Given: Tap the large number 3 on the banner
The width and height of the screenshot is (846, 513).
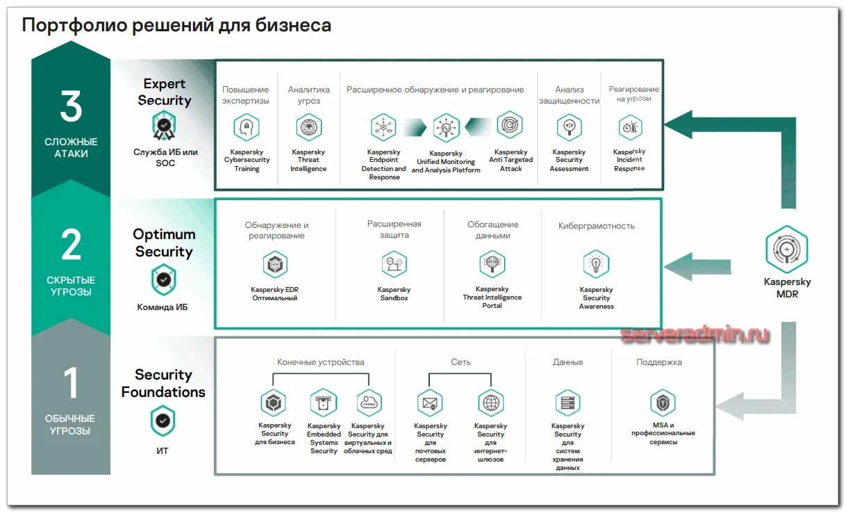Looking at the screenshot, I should click(x=71, y=108).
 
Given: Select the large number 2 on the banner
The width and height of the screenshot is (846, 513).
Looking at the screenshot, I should click(x=71, y=245).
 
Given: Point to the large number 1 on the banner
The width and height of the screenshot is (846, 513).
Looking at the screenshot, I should click(x=71, y=384).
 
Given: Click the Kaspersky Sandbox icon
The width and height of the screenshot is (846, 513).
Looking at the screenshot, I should click(x=394, y=264).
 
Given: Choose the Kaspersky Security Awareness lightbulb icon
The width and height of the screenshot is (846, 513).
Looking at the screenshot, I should click(x=596, y=264).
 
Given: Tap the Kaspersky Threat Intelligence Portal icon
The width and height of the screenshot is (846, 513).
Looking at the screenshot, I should click(x=492, y=264).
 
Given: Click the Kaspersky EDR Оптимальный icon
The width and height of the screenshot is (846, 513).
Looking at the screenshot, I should click(x=274, y=264).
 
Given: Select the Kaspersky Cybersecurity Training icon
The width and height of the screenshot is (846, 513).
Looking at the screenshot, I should click(x=246, y=127).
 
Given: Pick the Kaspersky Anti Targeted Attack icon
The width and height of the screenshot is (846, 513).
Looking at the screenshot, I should click(x=510, y=125).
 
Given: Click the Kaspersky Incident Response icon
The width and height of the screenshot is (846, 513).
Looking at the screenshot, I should click(x=630, y=127).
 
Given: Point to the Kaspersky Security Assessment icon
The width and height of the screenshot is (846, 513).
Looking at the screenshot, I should click(x=569, y=127).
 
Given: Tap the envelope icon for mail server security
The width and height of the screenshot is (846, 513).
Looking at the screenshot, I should click(x=430, y=402).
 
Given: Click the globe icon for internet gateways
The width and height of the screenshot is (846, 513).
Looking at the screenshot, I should click(x=490, y=402).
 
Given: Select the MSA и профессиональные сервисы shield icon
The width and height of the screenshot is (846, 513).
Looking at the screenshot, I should click(x=663, y=402).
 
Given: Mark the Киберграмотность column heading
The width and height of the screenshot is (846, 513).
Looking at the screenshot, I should click(x=596, y=226).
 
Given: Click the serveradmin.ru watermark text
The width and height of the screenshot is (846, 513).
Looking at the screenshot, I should click(x=695, y=335).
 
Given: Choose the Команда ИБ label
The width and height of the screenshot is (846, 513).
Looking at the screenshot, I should click(x=163, y=307).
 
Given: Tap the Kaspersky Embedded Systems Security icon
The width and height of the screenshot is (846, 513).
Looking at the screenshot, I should click(x=324, y=402).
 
